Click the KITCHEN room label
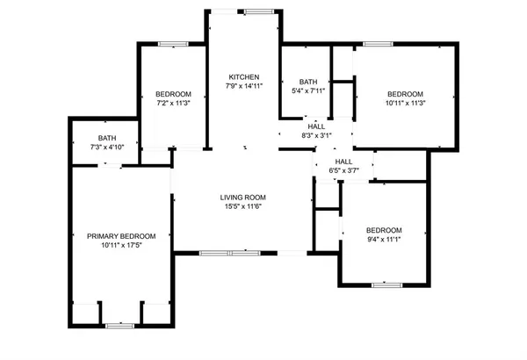(243, 76)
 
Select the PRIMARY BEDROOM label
(121, 235)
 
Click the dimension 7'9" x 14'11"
(243, 86)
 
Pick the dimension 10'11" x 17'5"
(121, 245)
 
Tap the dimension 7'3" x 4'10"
(107, 147)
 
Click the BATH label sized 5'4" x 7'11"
(307, 82)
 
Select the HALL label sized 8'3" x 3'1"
(316, 126)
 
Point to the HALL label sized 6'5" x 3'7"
(343, 161)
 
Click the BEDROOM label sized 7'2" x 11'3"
(174, 94)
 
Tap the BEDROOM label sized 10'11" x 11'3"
(406, 94)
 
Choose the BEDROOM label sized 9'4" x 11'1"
(384, 230)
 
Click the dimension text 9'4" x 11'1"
(384, 240)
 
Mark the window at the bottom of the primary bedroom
(118, 326)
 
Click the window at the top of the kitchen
(257, 11)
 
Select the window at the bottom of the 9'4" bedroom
(386, 284)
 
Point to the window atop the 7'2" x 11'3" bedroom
(172, 44)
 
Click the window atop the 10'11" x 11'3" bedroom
(378, 44)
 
